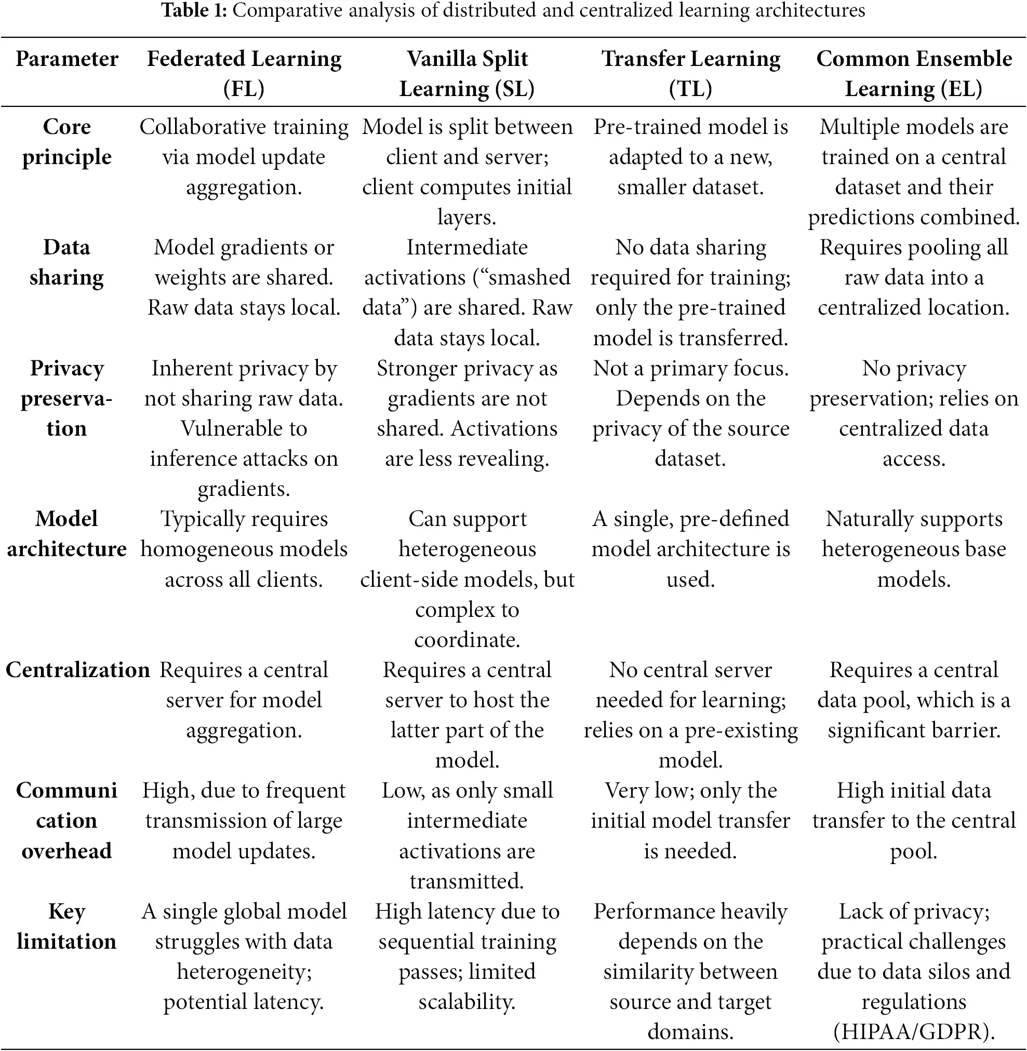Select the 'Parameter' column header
coord(67,59)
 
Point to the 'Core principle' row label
coord(67,142)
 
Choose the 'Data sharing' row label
coord(67,263)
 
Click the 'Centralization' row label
coord(78,670)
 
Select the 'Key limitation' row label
coord(67,926)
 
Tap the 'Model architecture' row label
coord(67,534)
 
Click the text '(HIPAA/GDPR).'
coord(914,1032)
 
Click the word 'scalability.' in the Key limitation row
coord(467,1002)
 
